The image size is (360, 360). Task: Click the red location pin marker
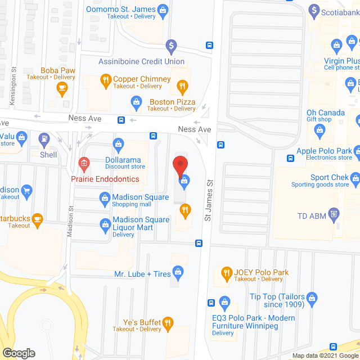179,165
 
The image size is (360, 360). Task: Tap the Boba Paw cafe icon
62,87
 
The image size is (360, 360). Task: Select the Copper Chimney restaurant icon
105,79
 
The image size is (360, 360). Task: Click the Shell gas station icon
43,137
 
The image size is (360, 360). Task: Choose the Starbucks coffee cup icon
38,218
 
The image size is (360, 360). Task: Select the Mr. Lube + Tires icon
178,274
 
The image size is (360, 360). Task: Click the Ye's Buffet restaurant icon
168,322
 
